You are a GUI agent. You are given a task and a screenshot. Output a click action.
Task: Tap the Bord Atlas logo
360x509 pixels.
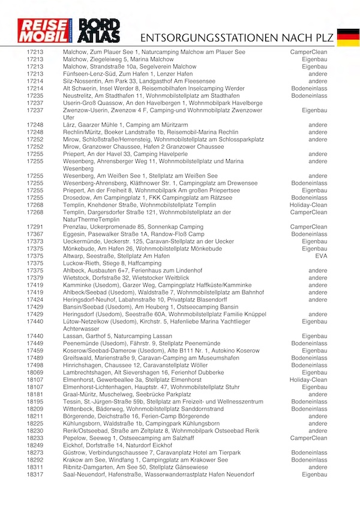click(100, 32)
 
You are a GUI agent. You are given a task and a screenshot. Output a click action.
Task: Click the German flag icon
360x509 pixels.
click(348, 37)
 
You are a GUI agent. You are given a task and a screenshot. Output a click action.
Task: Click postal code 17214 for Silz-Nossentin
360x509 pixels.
click(35, 81)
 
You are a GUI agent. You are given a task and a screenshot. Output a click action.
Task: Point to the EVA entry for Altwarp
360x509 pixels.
click(321, 256)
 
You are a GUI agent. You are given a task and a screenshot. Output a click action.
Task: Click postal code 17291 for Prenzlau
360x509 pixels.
click(35, 227)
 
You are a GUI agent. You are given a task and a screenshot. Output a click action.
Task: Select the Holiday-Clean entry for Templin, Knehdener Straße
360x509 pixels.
click(308, 205)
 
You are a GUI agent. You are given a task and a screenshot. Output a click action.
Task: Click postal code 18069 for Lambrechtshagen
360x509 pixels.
click(35, 372)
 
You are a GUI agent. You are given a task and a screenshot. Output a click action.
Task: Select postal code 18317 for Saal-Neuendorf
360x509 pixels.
click(35, 475)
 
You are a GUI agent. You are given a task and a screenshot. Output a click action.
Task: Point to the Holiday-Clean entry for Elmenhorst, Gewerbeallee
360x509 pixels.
click(308, 379)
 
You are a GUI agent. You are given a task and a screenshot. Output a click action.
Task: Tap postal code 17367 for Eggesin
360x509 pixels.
click(35, 234)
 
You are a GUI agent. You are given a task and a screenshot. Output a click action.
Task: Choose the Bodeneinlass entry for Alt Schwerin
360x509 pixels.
click(310, 88)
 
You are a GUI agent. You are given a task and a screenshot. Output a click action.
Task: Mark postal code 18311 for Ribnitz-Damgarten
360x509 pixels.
click(35, 467)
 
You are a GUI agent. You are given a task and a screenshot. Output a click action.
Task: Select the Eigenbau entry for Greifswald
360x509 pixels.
click(314, 358)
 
